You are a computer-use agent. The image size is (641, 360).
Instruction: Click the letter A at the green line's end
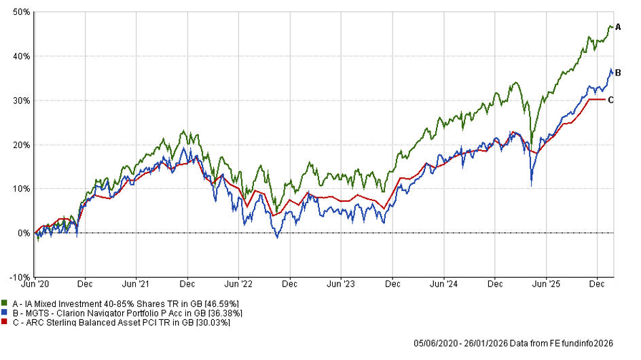618,26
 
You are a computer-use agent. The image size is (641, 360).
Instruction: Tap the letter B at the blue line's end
618,72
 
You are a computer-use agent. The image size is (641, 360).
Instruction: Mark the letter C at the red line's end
611,100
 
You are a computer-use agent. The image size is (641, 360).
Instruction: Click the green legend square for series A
5,303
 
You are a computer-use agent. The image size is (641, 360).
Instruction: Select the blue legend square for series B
5,313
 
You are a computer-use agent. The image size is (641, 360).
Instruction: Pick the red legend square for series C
5,323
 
